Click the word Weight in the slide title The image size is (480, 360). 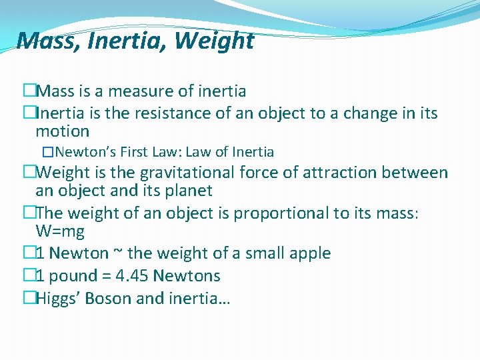click(214, 41)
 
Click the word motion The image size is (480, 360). click(62, 131)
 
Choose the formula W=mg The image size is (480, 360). click(60, 231)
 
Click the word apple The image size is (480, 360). click(307, 253)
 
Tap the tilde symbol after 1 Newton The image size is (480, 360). click(117, 254)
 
